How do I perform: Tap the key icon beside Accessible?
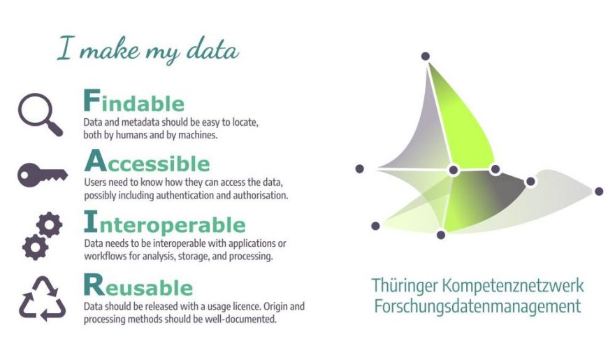coord(43,175)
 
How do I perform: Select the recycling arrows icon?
coord(43,298)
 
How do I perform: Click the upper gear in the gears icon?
coord(50,224)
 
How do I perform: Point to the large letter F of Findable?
coord(92,100)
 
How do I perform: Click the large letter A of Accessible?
coord(95,161)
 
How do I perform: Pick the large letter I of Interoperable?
coord(91,222)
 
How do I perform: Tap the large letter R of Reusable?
coord(94,285)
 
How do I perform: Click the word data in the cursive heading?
coord(212,50)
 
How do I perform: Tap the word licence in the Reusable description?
coord(247,306)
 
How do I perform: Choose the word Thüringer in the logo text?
coord(405,286)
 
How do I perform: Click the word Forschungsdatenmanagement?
coord(477,306)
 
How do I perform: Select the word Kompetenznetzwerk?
coord(513,286)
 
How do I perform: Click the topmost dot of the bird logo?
coord(425,57)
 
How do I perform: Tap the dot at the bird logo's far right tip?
coord(599,192)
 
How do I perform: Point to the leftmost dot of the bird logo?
coord(360,168)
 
